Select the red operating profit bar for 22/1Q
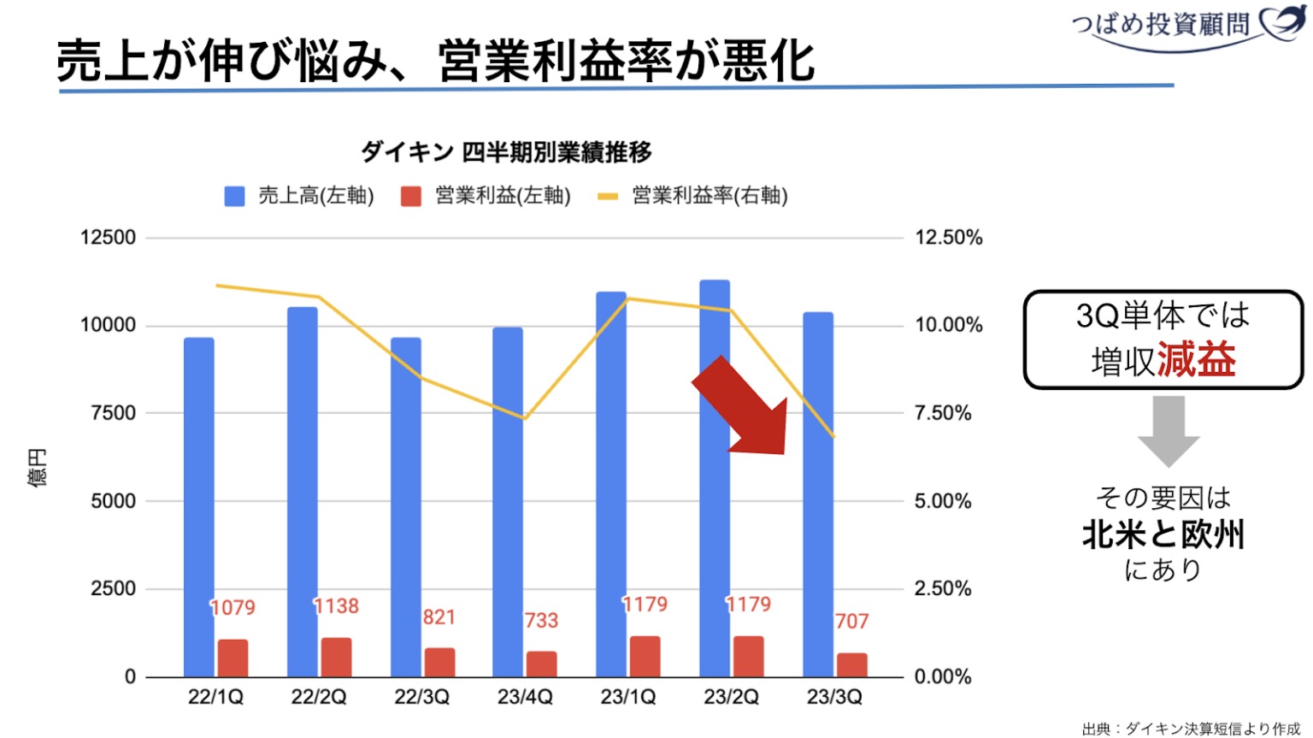coord(233,658)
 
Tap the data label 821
coord(439,617)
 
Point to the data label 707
coord(851,621)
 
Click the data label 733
coord(541,620)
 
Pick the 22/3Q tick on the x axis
coord(421,697)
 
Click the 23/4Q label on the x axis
coord(525,697)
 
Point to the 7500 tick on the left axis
coord(113,413)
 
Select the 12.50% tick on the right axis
coord(948,238)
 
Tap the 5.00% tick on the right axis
coord(943,501)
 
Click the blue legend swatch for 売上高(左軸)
coord(234,196)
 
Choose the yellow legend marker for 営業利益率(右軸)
coord(607,196)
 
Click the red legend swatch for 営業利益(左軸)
coord(411,196)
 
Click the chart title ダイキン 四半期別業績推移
coord(506,152)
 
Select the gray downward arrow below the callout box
coord(1168,430)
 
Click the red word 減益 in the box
coord(1197,360)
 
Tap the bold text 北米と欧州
coord(1163,534)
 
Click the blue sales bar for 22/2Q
coord(302,479)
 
